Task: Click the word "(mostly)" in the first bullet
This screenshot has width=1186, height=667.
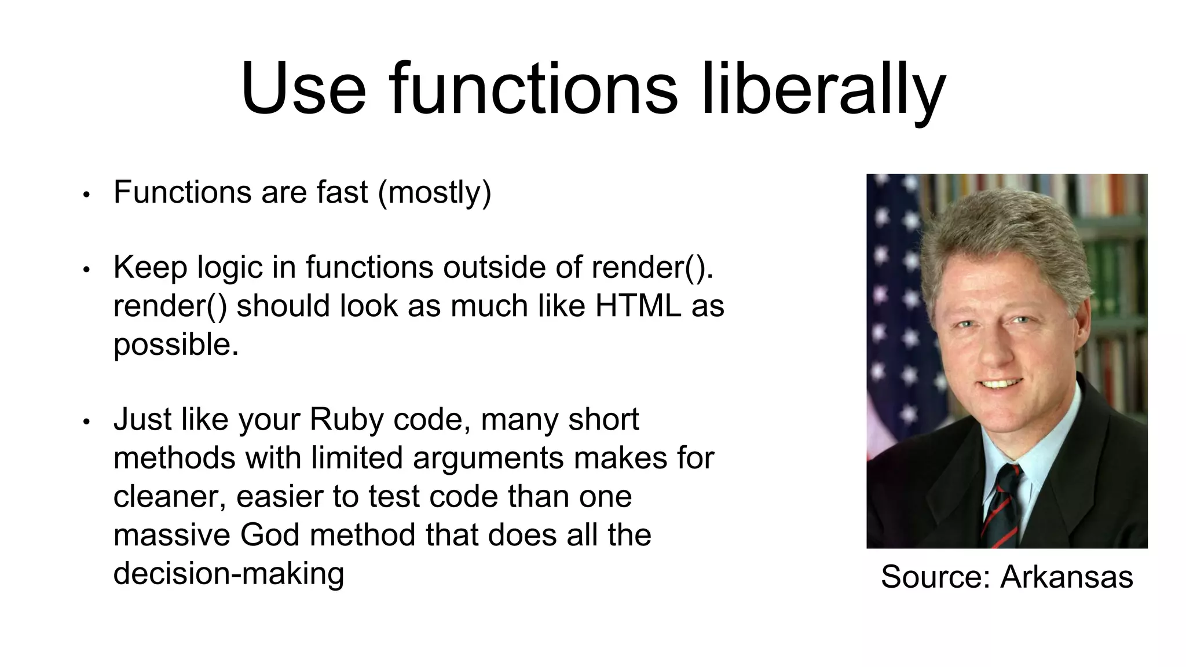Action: [x=434, y=192]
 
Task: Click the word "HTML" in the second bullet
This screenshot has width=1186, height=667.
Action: [x=638, y=306]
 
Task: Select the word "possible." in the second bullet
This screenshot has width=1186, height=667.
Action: [x=176, y=345]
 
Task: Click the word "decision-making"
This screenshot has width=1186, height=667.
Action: [x=229, y=573]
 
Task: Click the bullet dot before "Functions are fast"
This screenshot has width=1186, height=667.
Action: [x=86, y=195]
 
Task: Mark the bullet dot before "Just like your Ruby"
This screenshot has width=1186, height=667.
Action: [x=86, y=422]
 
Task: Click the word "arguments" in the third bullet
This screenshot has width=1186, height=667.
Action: [x=488, y=458]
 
